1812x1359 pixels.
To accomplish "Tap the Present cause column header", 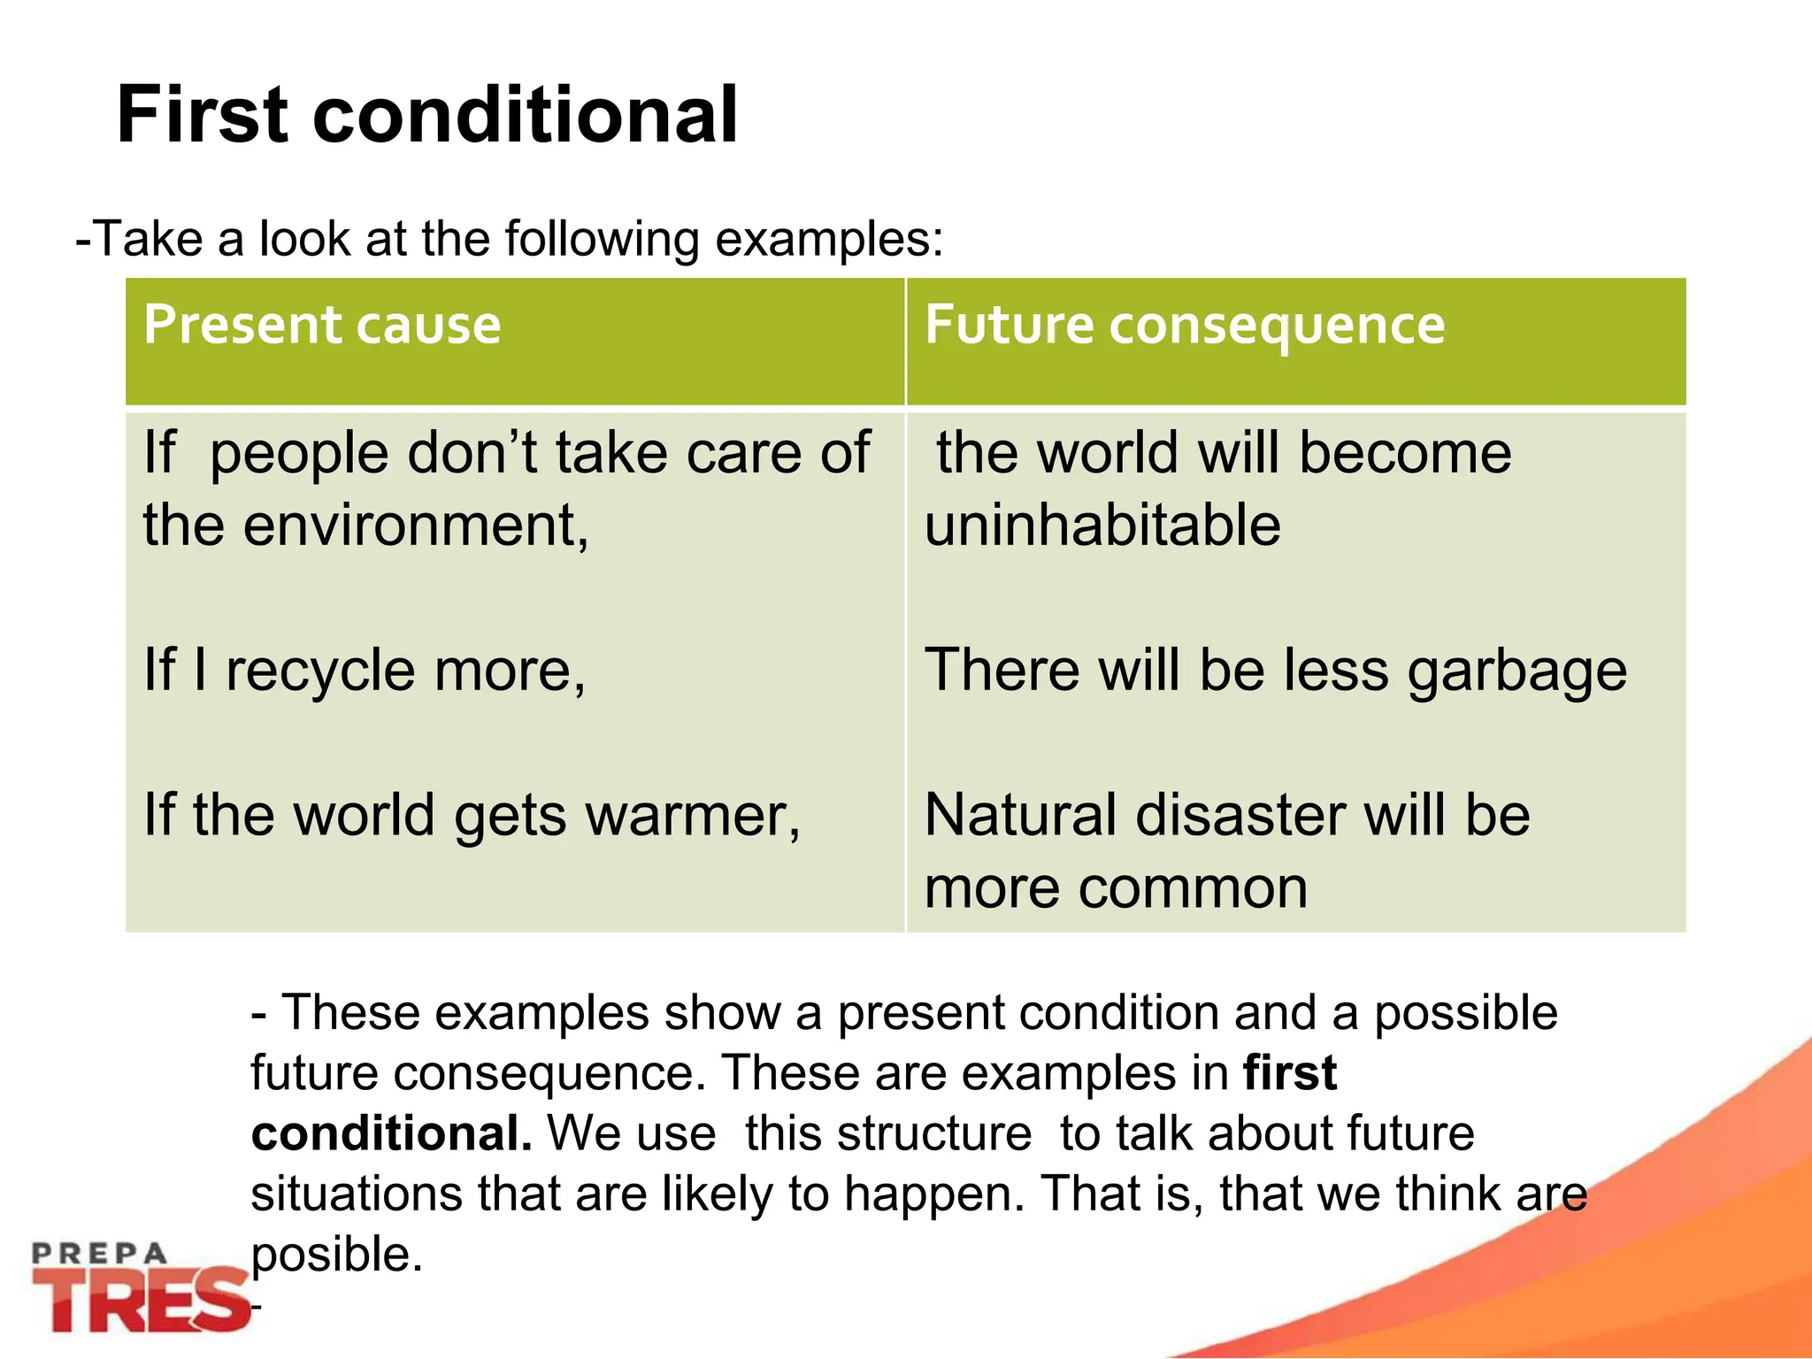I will [x=322, y=325].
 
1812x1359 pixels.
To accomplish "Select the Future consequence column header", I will [x=1185, y=325].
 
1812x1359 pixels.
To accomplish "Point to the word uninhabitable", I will [x=1102, y=526].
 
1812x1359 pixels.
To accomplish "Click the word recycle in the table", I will [x=321, y=671].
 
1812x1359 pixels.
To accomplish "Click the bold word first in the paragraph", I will [x=1290, y=1073].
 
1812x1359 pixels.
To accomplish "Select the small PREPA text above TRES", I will [x=99, y=1253].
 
